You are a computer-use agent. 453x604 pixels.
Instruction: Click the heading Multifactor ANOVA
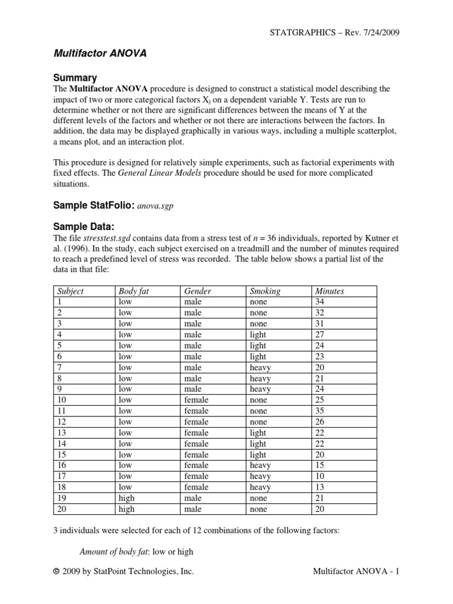pyautogui.click(x=100, y=53)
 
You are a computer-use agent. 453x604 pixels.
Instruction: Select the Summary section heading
pyautogui.click(x=75, y=78)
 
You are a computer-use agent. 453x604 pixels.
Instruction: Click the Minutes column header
pyautogui.click(x=330, y=291)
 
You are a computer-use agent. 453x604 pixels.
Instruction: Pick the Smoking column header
pyautogui.click(x=265, y=291)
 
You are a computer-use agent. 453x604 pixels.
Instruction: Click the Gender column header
pyautogui.click(x=198, y=291)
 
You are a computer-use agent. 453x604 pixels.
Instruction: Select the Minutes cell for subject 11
pyautogui.click(x=320, y=411)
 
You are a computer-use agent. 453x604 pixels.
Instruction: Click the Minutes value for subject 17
pyautogui.click(x=320, y=476)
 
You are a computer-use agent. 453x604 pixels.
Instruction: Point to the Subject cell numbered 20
pyautogui.click(x=61, y=508)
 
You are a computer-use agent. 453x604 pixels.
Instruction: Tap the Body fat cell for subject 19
pyautogui.click(x=126, y=498)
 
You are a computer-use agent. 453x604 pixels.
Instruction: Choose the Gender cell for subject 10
pyautogui.click(x=196, y=400)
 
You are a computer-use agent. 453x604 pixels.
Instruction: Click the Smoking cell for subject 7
pyautogui.click(x=260, y=367)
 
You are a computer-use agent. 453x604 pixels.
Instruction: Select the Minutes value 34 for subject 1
pyautogui.click(x=320, y=301)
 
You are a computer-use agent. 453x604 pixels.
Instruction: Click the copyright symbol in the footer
pyautogui.click(x=57, y=572)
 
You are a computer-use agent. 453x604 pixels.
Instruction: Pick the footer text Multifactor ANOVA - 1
pyautogui.click(x=356, y=572)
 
